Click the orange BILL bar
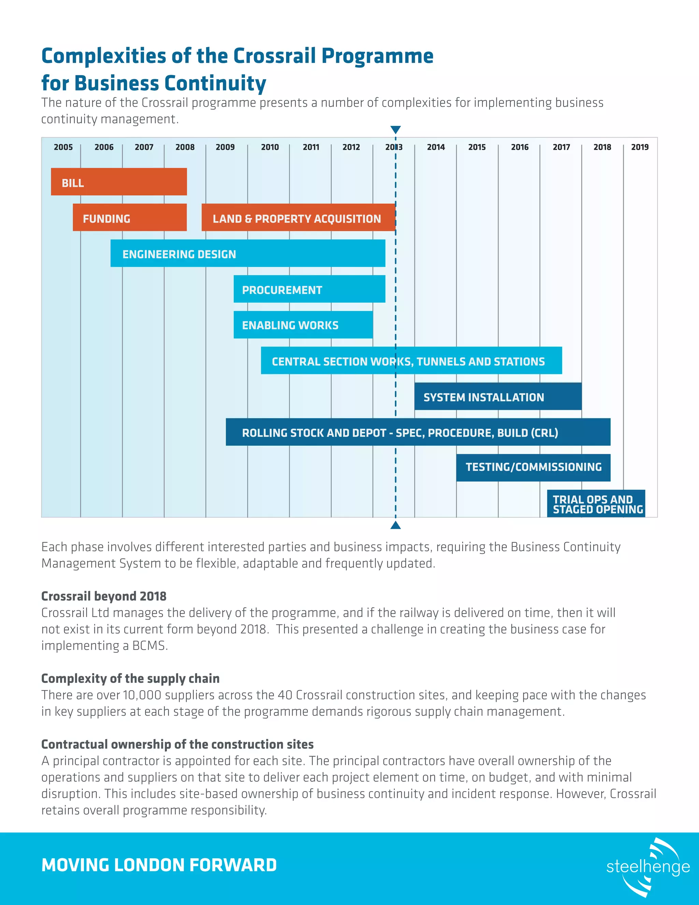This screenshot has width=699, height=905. [x=119, y=181]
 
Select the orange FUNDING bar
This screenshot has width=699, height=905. [x=130, y=217]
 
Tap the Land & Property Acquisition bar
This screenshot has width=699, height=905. [x=298, y=218]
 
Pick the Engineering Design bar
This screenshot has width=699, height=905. [x=248, y=253]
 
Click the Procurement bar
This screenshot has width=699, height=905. [x=309, y=289]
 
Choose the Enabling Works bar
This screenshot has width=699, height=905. [x=303, y=325]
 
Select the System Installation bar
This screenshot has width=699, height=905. [x=498, y=396]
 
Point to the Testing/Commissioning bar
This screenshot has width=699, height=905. [x=533, y=468]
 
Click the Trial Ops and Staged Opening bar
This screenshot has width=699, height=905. [x=596, y=503]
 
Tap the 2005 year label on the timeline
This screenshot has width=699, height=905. [x=63, y=147]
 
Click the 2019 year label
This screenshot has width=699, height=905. [x=640, y=147]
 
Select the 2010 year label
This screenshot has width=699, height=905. [x=270, y=147]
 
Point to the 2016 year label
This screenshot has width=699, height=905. [x=520, y=147]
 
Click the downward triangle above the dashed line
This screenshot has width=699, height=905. [x=396, y=130]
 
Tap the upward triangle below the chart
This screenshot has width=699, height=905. [x=396, y=526]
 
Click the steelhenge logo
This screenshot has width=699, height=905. [x=648, y=866]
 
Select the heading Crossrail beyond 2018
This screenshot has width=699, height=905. [x=104, y=596]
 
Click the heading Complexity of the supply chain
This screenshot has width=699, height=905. [x=130, y=678]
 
